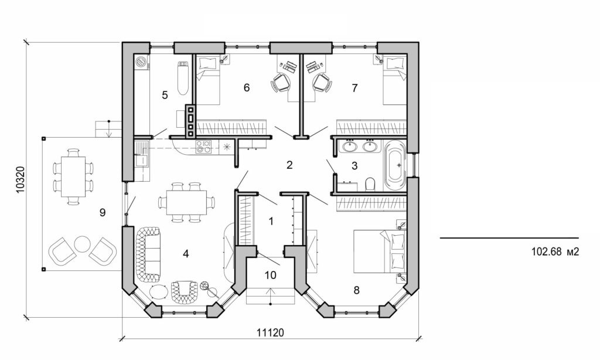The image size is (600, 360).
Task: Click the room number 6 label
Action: pyautogui.click(x=247, y=88)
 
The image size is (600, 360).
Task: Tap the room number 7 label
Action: pyautogui.click(x=354, y=88)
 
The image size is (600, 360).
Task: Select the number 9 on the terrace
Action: pyautogui.click(x=102, y=213)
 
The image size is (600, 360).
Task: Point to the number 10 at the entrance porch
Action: pyautogui.click(x=270, y=275)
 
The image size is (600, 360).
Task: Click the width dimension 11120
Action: pyautogui.click(x=270, y=332)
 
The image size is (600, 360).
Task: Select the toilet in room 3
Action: pyautogui.click(x=370, y=185)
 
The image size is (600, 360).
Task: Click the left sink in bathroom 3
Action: pyautogui.click(x=350, y=146)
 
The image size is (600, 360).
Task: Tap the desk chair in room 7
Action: pyautogui.click(x=322, y=83)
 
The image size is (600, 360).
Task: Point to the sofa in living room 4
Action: pyautogui.click(x=148, y=254)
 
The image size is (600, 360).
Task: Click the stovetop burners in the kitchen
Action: pyautogui.click(x=204, y=147)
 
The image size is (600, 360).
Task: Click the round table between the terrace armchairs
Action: pyautogui.click(x=82, y=243)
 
